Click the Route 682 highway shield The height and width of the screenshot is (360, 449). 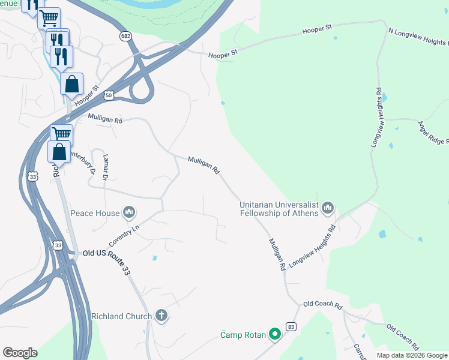tap(125, 37)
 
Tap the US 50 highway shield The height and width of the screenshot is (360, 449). tap(108, 95)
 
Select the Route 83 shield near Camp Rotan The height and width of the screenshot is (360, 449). tap(291, 326)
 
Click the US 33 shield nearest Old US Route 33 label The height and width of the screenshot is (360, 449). tap(58, 245)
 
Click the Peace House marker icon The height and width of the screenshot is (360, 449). tap(129, 212)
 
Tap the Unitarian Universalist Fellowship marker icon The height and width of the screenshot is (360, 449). tap(327, 208)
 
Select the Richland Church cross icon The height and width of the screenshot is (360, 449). tap(161, 316)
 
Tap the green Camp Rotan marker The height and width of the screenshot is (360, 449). tap(275, 334)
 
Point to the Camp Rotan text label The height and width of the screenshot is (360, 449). tap(243, 335)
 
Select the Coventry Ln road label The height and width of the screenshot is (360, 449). tap(124, 235)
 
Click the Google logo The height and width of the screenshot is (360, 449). tap(20, 353)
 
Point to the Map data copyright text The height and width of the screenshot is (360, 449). tap(411, 355)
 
